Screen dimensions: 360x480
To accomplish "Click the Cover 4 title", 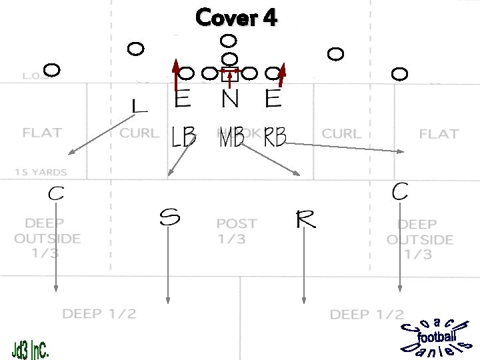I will pyautogui.click(x=237, y=17).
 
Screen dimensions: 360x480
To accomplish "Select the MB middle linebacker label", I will pyautogui.click(x=231, y=139).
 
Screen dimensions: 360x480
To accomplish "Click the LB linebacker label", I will pyautogui.click(x=183, y=138).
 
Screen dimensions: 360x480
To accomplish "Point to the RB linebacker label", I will pyautogui.click(x=275, y=138).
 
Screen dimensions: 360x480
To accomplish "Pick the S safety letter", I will pyautogui.click(x=169, y=218).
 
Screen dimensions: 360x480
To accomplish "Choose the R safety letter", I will pyautogui.click(x=305, y=219).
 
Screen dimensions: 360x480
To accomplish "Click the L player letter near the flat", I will pyautogui.click(x=139, y=105).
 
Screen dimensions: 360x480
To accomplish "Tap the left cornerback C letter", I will pyautogui.click(x=56, y=194).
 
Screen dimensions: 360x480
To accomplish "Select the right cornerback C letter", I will pyautogui.click(x=400, y=191).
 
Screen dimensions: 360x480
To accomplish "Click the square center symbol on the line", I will pyautogui.click(x=229, y=75).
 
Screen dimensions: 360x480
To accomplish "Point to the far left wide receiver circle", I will pyautogui.click(x=52, y=69).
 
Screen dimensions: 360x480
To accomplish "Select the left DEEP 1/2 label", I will pyautogui.click(x=99, y=313).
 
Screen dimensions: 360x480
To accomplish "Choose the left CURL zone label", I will pyautogui.click(x=139, y=133).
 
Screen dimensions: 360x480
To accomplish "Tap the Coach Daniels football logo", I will pyautogui.click(x=437, y=336).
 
